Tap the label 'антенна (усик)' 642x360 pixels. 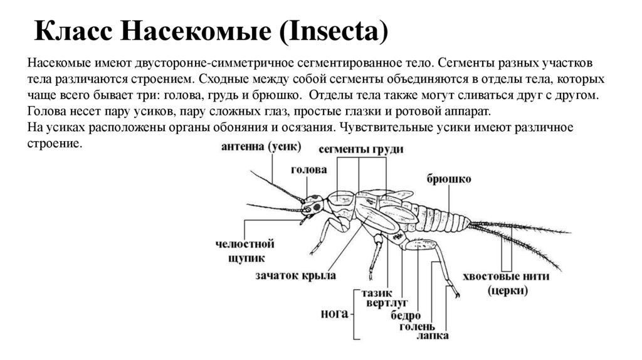[261, 146]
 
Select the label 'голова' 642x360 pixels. [308, 170]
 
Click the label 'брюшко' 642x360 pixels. [449, 179]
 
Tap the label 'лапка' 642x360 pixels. [433, 336]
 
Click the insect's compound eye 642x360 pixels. [315, 205]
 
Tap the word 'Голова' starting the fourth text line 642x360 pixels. [47, 112]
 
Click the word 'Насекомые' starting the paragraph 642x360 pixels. [57, 65]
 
